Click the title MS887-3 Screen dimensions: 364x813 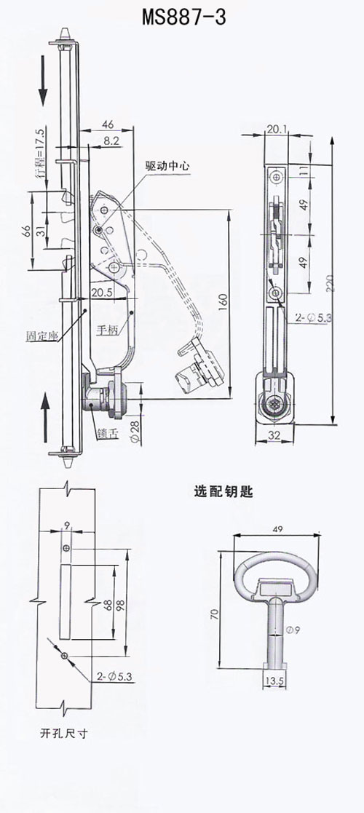point(184,18)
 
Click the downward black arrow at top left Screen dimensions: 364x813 point(42,80)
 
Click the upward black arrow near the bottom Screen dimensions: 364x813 point(45,416)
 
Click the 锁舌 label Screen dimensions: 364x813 point(107,434)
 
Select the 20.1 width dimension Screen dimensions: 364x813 point(278,129)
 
